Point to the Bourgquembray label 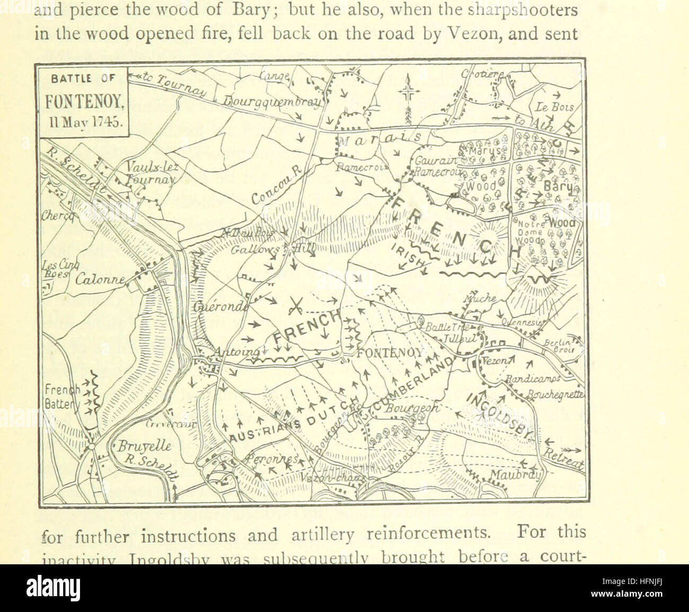(270, 101)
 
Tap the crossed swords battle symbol (295, 306)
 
